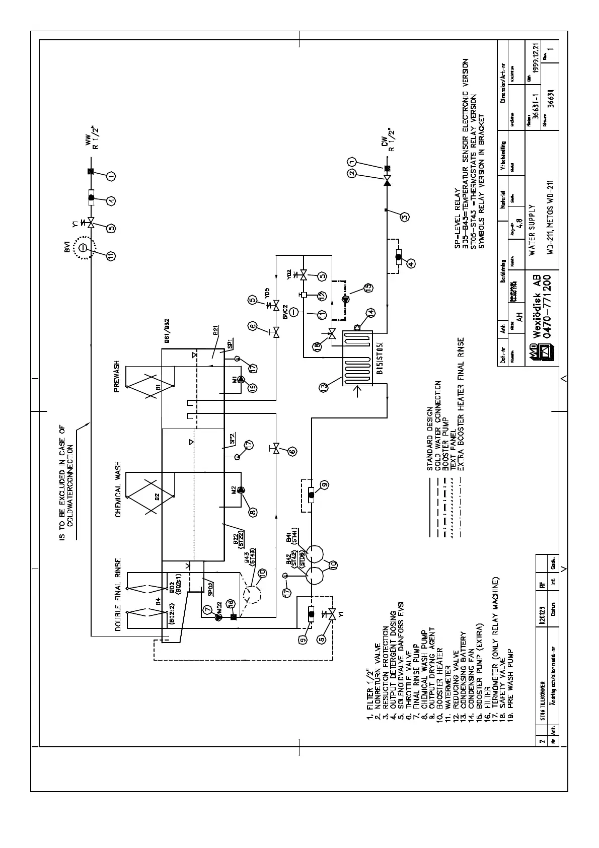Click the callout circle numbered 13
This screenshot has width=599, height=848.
pyautogui.click(x=324, y=387)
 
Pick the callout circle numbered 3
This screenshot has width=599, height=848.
pyautogui.click(x=404, y=218)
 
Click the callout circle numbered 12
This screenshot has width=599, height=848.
pyautogui.click(x=322, y=296)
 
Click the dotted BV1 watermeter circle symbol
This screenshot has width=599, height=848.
pyautogui.click(x=84, y=247)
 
